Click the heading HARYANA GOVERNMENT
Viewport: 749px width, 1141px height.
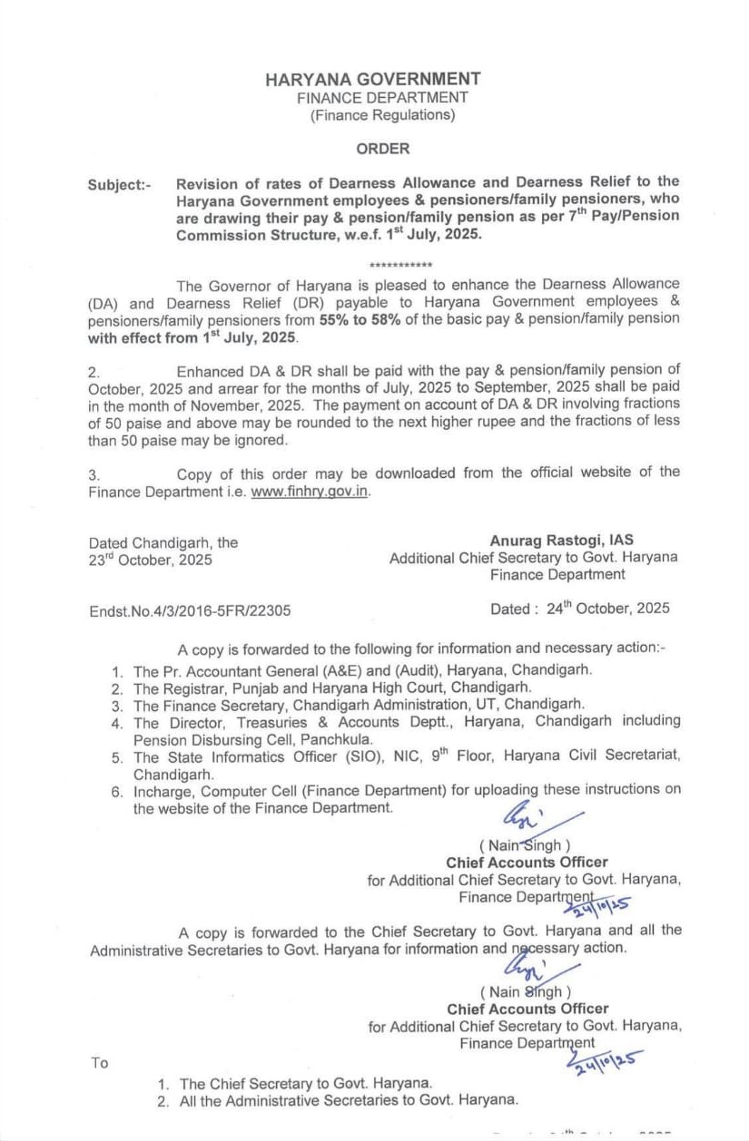click(x=373, y=79)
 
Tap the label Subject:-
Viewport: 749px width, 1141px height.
click(x=120, y=185)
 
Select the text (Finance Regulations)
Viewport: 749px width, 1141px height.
click(x=382, y=115)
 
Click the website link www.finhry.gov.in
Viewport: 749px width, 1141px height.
click(x=310, y=492)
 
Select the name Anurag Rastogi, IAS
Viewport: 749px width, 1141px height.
click(x=562, y=541)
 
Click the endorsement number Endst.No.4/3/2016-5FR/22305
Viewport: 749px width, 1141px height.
click(x=190, y=610)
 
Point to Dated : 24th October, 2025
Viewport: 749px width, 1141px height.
click(x=580, y=609)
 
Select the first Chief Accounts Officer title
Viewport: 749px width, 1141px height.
click(x=527, y=863)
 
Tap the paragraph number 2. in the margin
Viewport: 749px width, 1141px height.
click(x=93, y=372)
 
